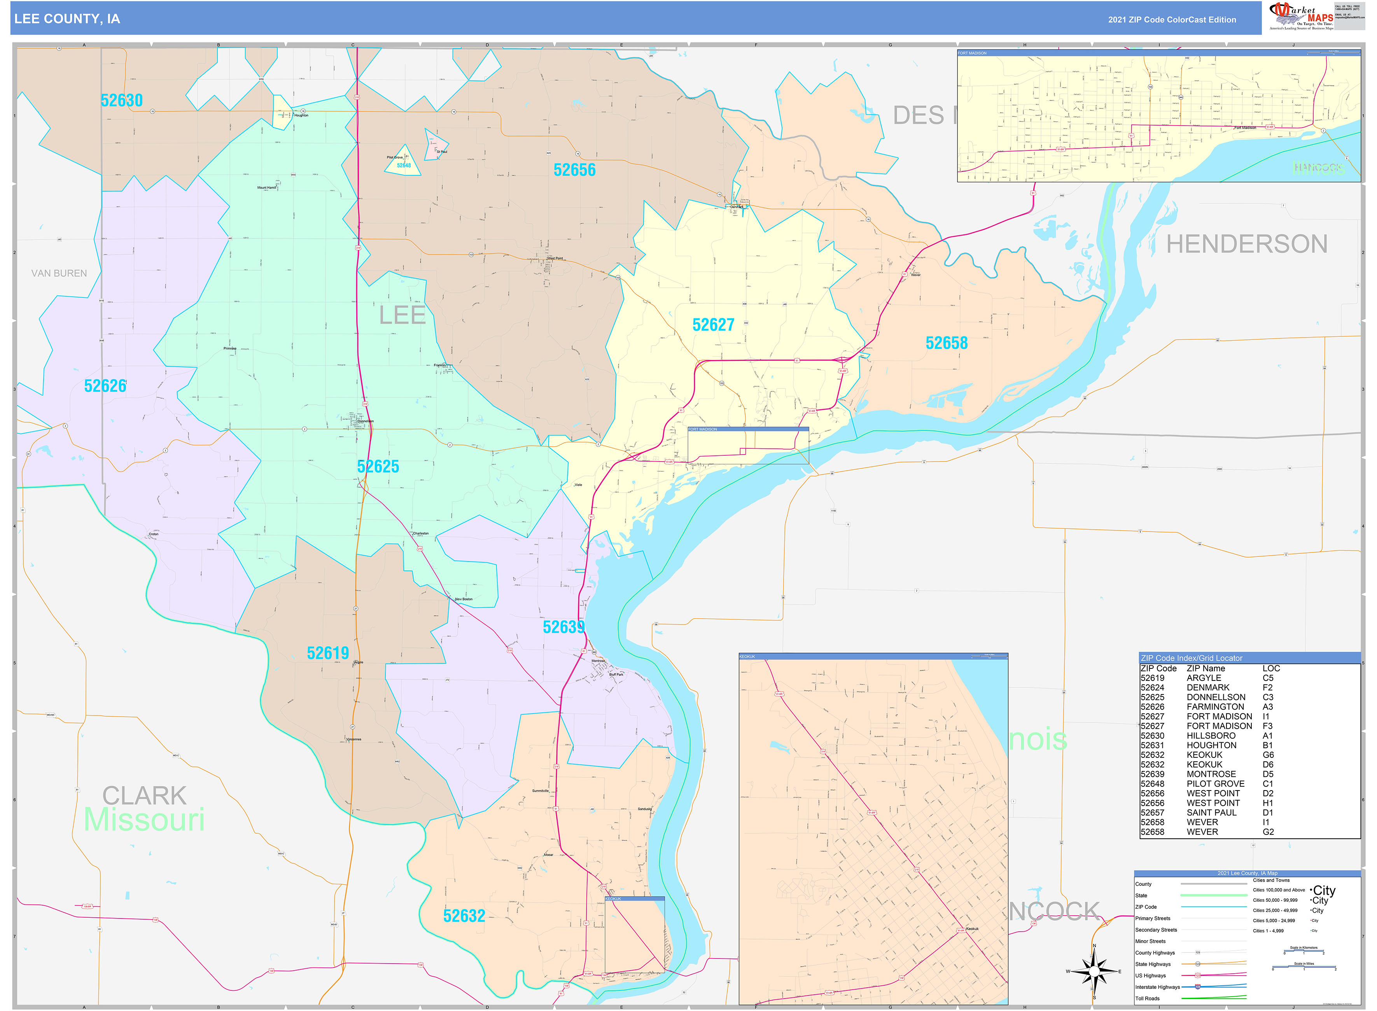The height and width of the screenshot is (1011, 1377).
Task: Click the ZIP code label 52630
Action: coord(121,100)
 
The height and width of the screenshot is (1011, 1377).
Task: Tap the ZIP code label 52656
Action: coord(574,170)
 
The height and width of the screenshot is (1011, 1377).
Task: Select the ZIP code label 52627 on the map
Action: coord(713,325)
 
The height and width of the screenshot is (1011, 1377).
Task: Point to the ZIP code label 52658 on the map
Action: coord(946,343)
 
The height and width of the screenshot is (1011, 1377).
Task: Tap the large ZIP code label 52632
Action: coord(464,916)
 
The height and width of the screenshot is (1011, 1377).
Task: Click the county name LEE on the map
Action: coord(402,316)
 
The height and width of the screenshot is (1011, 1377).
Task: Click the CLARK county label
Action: coord(144,796)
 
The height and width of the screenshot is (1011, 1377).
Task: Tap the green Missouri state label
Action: coord(144,820)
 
